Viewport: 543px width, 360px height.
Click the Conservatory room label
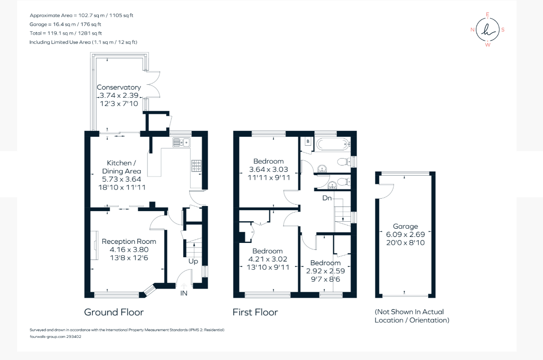[x=119, y=87]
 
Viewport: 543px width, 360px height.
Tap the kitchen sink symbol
[x=181, y=142]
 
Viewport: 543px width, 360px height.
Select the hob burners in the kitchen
[x=197, y=166]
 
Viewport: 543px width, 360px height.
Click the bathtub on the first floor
[x=333, y=144]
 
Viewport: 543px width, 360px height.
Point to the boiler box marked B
[x=308, y=141]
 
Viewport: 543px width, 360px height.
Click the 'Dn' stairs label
[x=327, y=198]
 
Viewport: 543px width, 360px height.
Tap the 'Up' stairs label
[x=193, y=261]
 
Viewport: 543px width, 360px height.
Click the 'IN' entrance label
[x=184, y=293]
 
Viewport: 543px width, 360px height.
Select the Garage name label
[x=405, y=226]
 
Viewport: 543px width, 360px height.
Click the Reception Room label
[x=129, y=241]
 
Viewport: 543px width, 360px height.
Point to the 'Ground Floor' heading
[x=114, y=312]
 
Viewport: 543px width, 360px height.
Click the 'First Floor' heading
[x=255, y=312]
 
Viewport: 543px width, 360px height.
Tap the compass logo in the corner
[x=488, y=30]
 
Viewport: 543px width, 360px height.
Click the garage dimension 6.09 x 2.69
[x=405, y=234]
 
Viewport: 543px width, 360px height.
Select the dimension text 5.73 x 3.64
[x=121, y=179]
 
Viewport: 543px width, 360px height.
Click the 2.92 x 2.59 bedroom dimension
[x=325, y=271]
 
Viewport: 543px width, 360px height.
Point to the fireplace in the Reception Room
[x=95, y=245]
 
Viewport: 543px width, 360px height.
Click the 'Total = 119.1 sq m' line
[x=66, y=33]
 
